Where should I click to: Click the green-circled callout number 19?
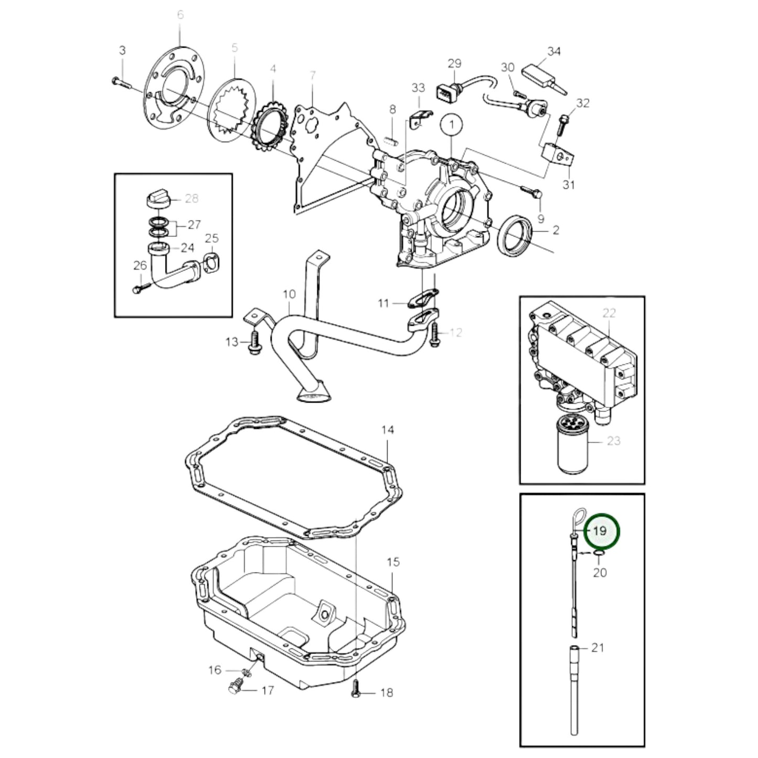pyautogui.click(x=600, y=530)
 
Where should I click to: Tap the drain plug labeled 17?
pyautogui.click(x=237, y=688)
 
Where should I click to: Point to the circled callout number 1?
pyautogui.click(x=452, y=126)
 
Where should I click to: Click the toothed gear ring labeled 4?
pyautogui.click(x=271, y=125)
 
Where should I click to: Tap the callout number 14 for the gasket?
pyautogui.click(x=387, y=430)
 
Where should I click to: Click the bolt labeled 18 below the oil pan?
pyautogui.click(x=355, y=693)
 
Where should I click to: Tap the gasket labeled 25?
pyautogui.click(x=210, y=261)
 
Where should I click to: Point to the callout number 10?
pyautogui.click(x=290, y=295)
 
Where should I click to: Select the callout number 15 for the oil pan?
pyautogui.click(x=393, y=562)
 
